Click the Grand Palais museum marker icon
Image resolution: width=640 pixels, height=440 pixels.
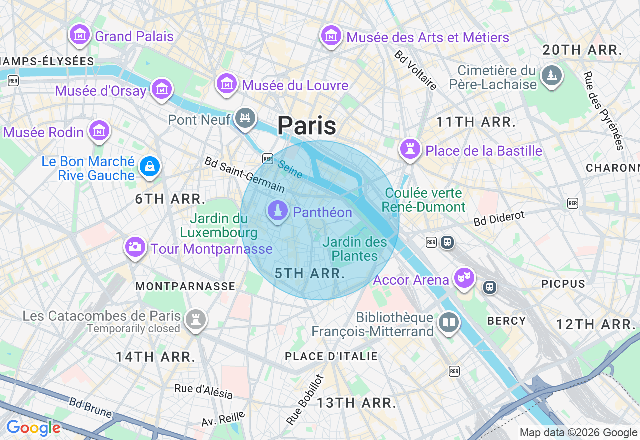(x=80, y=35)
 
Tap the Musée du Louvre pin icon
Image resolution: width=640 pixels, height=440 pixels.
(x=227, y=83)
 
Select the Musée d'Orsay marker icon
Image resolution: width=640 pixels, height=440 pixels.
(x=162, y=89)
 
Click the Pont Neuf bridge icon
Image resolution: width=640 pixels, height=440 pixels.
(x=245, y=118)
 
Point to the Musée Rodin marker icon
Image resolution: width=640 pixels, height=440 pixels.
(x=99, y=130)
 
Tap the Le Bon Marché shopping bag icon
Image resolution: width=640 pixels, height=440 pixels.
(x=150, y=166)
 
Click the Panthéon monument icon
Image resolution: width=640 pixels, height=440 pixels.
(x=278, y=210)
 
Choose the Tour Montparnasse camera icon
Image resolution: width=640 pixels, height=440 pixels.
(x=135, y=247)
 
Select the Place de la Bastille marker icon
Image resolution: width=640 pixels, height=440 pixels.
(x=410, y=149)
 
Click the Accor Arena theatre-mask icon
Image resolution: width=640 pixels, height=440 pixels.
(x=464, y=278)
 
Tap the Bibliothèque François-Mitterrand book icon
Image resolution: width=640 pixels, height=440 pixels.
(x=448, y=323)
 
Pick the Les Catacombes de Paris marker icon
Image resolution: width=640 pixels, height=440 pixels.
(x=195, y=319)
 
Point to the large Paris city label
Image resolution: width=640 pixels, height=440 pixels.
(x=307, y=125)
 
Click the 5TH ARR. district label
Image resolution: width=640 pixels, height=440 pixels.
(x=310, y=273)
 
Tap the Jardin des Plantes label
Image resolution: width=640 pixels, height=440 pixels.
(x=355, y=249)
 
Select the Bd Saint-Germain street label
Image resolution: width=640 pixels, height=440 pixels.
(x=244, y=175)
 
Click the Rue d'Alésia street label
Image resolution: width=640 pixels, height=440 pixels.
(x=204, y=391)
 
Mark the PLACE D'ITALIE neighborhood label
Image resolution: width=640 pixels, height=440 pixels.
(x=331, y=356)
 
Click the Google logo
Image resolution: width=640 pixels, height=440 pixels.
(x=33, y=428)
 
